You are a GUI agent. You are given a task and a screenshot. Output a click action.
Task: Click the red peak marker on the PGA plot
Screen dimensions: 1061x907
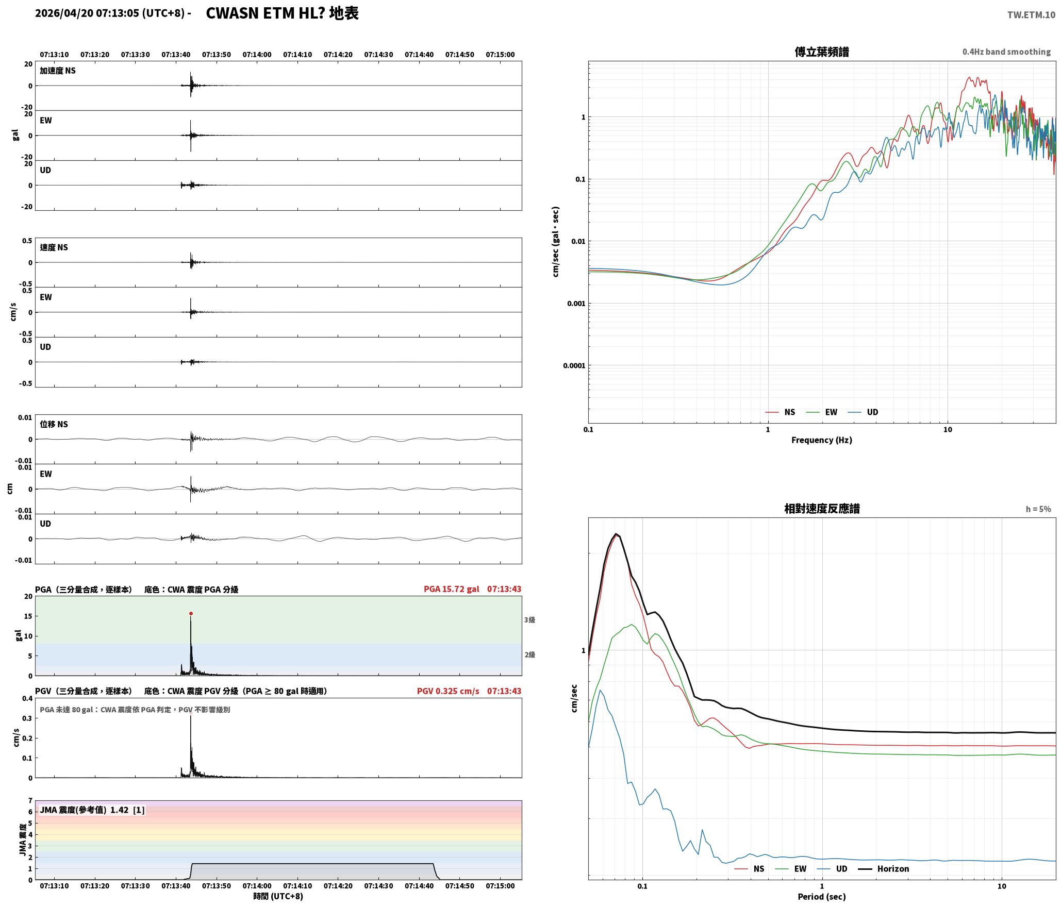191,613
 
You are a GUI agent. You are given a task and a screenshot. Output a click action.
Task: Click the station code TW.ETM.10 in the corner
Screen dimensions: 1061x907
1031,15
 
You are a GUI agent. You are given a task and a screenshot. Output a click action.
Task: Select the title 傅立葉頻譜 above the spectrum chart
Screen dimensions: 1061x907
822,52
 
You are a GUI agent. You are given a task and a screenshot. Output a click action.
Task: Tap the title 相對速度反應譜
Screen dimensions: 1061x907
822,509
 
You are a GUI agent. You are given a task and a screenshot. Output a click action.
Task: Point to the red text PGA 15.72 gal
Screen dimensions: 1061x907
451,589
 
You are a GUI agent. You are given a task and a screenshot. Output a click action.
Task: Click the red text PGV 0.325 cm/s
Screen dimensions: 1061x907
448,691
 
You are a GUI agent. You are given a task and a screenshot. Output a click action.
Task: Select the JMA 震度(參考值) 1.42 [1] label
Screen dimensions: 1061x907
92,810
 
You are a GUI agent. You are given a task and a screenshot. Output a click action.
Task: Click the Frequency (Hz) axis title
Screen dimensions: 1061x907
822,440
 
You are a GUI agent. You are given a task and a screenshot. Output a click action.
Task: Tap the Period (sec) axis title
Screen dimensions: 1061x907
822,897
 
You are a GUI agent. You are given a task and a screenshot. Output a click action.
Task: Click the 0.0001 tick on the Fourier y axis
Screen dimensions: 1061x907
574,366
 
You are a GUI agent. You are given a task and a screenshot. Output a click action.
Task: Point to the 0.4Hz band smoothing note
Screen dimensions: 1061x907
1006,52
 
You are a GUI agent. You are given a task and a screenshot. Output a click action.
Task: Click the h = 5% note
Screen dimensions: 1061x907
1038,509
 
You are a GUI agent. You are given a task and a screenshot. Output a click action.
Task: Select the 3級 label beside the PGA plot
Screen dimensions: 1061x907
529,620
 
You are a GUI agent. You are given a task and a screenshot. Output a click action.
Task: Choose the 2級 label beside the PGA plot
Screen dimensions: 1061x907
529,655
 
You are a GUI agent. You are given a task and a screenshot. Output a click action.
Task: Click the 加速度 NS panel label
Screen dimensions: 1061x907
58,71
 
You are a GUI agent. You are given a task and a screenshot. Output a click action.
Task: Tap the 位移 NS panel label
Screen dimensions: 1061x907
54,424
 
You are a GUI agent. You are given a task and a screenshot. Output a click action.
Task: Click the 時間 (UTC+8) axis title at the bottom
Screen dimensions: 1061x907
278,896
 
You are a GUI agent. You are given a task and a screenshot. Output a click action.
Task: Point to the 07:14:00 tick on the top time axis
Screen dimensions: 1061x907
257,55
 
